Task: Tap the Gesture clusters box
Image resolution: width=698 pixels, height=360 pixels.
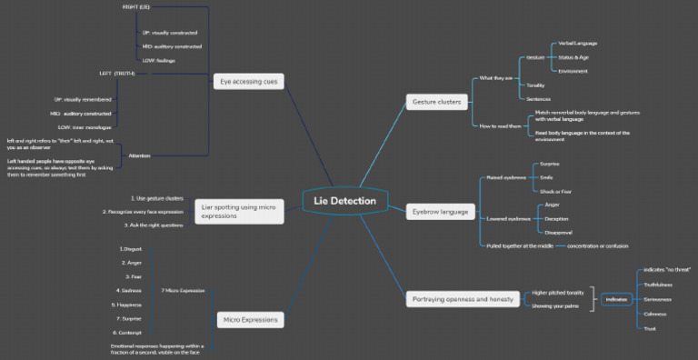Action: coord(436,102)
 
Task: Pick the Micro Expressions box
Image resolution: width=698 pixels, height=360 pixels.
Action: coord(249,319)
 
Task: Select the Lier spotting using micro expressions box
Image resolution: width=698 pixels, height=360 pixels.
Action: coord(239,212)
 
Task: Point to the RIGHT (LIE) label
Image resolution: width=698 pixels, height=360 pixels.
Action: coord(136,7)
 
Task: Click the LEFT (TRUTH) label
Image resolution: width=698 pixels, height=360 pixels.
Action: coord(117,73)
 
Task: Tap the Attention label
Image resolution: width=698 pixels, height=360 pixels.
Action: coord(139,155)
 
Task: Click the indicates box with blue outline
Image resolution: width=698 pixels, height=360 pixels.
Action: coord(616,299)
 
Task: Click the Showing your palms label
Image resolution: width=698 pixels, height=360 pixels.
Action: coord(555,306)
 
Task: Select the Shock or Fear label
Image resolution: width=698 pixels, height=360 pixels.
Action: coord(556,191)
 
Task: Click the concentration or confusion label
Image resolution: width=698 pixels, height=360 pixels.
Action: coord(598,245)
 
